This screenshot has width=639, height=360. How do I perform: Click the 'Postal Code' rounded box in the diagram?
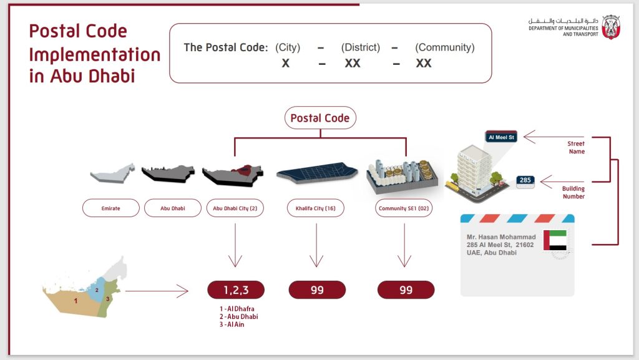pyautogui.click(x=319, y=118)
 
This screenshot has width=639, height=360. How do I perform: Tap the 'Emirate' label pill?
pyautogui.click(x=110, y=208)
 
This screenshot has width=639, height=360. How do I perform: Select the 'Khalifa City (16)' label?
pyautogui.click(x=316, y=208)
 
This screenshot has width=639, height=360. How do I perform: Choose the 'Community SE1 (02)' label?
pyautogui.click(x=406, y=208)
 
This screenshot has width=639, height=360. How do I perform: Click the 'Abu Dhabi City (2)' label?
pyautogui.click(x=235, y=208)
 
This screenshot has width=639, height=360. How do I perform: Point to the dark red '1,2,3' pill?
pyautogui.click(x=236, y=289)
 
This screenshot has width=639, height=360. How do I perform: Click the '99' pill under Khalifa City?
pyautogui.click(x=317, y=289)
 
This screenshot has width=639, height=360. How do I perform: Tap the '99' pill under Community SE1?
pyautogui.click(x=406, y=289)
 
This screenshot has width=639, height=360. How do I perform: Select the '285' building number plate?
pyautogui.click(x=525, y=181)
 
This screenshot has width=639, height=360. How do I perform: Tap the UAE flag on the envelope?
pyautogui.click(x=555, y=240)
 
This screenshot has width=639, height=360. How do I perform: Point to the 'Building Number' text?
pyautogui.click(x=573, y=192)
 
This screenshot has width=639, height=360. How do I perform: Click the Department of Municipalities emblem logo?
pyautogui.click(x=610, y=27)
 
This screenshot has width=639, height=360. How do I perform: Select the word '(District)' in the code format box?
pyautogui.click(x=360, y=47)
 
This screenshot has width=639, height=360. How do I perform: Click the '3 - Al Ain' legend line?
pyautogui.click(x=227, y=324)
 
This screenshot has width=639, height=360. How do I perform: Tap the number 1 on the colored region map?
pyautogui.click(x=76, y=300)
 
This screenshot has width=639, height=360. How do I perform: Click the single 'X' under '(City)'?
pyautogui.click(x=285, y=63)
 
